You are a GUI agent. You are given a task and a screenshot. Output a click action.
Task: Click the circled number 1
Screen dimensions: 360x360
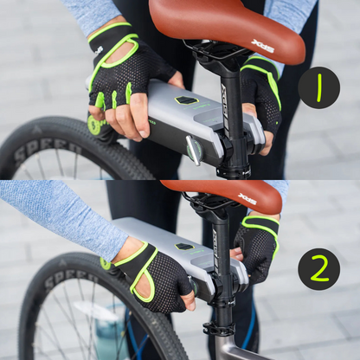(x=318, y=87)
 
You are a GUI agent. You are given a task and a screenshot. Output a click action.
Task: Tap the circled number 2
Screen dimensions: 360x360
(x=318, y=269)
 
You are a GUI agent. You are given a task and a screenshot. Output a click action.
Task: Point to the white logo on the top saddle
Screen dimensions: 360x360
(x=262, y=45)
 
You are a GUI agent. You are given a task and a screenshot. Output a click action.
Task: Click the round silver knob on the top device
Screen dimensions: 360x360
(x=194, y=151)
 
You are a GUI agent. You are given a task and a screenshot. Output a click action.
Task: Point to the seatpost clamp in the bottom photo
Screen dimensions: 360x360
(x=217, y=328)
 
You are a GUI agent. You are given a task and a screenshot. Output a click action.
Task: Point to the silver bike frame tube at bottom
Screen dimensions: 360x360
(x=238, y=350)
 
